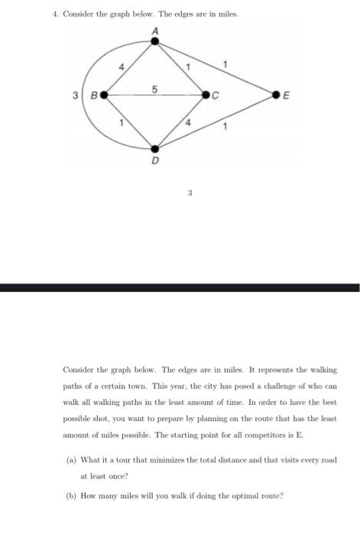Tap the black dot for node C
206,96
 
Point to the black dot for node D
155,149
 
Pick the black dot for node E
276,96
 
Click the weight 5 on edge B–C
155,89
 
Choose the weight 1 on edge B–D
121,123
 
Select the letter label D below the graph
155,162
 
